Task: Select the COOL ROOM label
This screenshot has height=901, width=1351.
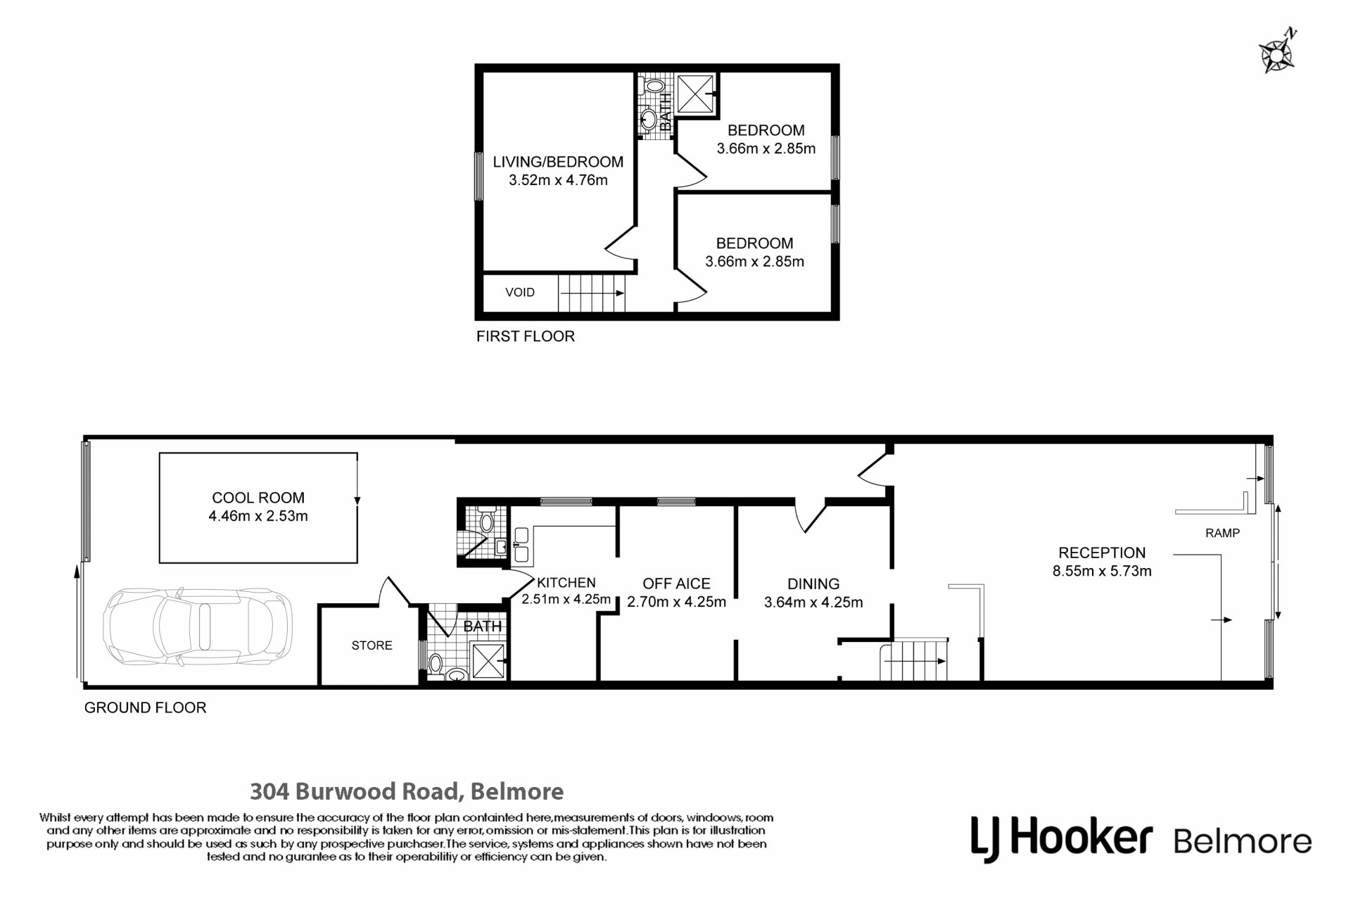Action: [x=258, y=498]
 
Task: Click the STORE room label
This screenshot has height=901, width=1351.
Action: [x=372, y=645]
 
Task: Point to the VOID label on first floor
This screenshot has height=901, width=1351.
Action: [x=520, y=292]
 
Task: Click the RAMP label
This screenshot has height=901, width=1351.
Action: [x=1222, y=533]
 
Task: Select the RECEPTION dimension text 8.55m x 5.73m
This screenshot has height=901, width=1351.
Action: [x=1102, y=571]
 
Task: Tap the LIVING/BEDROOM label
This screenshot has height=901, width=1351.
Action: [x=558, y=162]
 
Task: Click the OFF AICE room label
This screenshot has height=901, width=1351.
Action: [x=676, y=584]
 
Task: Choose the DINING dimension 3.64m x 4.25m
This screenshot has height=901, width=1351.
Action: [x=813, y=603]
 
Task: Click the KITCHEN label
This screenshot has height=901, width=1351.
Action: [x=566, y=582]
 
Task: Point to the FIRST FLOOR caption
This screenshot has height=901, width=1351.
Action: [x=526, y=336]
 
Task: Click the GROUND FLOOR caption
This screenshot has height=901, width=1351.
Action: [x=145, y=708]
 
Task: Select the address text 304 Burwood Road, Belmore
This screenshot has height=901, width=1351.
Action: [x=407, y=792]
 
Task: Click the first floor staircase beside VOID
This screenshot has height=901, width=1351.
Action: [x=592, y=293]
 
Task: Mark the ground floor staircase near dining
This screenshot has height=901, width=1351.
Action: [x=914, y=660]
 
